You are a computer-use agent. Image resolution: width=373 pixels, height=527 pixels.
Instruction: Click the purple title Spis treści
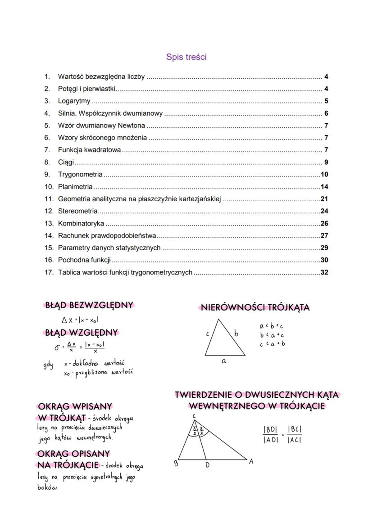coord(186,57)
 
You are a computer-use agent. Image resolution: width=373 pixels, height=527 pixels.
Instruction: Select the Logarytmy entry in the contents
coord(74,101)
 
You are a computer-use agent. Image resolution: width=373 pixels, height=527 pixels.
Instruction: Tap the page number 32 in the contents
coord(324,272)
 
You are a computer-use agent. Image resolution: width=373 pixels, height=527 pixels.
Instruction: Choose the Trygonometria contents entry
coord(80,175)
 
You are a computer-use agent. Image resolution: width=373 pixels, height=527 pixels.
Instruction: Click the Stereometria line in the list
coord(77,211)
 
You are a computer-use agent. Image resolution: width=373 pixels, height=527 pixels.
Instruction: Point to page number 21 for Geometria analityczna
coord(324,199)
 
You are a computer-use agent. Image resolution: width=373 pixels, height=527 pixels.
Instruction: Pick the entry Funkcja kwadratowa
coord(89,150)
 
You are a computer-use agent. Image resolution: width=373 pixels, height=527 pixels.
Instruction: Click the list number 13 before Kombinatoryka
coord(49,223)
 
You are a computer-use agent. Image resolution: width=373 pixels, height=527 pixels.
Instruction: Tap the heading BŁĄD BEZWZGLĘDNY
coord(89,305)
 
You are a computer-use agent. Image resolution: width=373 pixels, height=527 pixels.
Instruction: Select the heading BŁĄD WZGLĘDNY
coord(82,333)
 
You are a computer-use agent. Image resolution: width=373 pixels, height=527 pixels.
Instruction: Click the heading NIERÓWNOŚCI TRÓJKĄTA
coord(255,308)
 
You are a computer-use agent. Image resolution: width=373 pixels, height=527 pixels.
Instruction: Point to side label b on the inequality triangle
coord(236,333)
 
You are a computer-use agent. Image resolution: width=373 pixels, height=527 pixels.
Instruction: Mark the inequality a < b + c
coord(272,326)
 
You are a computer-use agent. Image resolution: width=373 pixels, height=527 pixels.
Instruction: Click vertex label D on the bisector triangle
coord(207,465)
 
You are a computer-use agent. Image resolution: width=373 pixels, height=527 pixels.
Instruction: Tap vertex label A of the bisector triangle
coord(251,461)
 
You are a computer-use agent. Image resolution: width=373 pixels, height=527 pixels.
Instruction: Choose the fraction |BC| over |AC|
coord(295,435)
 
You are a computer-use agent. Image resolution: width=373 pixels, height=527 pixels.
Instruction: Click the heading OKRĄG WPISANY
coord(75,407)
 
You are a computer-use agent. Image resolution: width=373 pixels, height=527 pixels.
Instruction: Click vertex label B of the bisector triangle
coord(176,464)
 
